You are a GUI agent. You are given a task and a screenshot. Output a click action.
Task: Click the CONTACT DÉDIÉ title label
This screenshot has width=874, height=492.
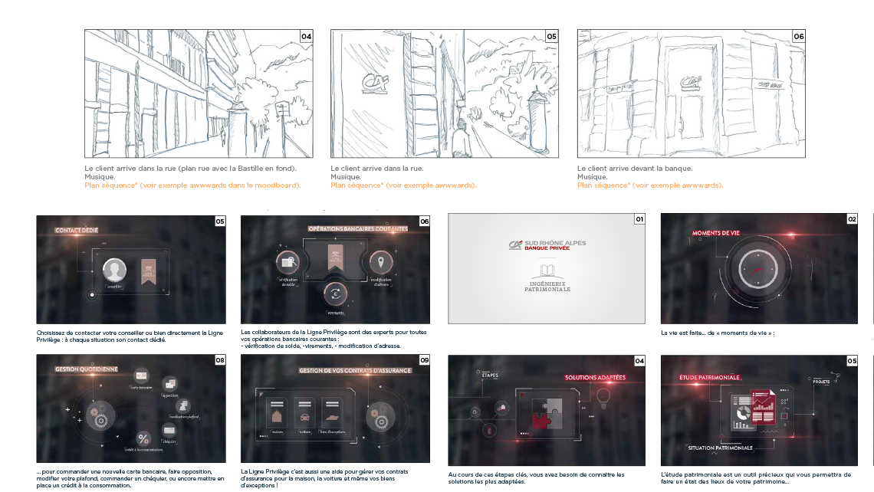click(76, 229)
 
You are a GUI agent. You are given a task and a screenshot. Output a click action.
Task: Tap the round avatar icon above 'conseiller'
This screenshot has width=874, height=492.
click(114, 270)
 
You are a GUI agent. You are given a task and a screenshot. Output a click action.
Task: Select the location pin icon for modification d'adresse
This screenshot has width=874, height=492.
click(381, 264)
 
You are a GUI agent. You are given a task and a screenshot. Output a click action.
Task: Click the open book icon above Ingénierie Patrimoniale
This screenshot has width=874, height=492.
click(547, 271)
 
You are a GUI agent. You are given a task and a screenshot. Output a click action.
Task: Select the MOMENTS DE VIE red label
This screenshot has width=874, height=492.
click(717, 232)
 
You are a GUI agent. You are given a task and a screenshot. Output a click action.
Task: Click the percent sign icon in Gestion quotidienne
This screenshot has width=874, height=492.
click(143, 438)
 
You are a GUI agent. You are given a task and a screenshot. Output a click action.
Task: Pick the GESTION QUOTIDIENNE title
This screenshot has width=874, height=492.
click(86, 369)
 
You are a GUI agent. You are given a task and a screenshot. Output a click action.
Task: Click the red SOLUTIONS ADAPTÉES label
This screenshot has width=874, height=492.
click(595, 377)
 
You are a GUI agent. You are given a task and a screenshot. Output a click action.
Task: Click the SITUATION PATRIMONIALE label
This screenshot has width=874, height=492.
click(720, 448)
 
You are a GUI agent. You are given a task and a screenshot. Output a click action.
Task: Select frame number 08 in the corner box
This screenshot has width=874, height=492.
click(220, 359)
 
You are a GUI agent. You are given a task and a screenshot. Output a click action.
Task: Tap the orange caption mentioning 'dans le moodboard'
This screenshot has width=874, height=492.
click(192, 185)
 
